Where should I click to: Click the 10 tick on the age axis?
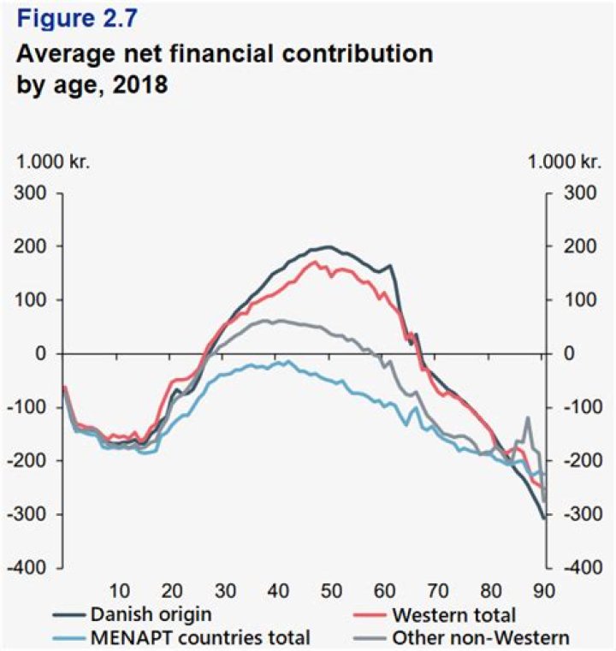tap(119, 589)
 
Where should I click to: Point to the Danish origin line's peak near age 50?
tap(329, 246)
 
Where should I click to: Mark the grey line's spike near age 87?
tap(528, 417)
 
